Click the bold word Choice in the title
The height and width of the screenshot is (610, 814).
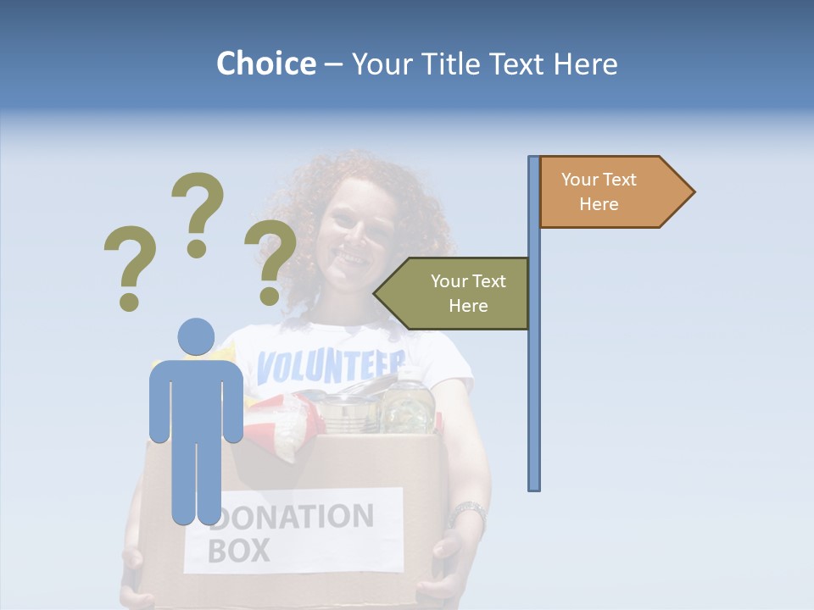point(265,64)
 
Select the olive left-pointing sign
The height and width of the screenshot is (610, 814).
point(458,293)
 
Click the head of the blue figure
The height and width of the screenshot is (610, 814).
point(196,336)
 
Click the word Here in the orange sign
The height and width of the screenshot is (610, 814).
point(599,204)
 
